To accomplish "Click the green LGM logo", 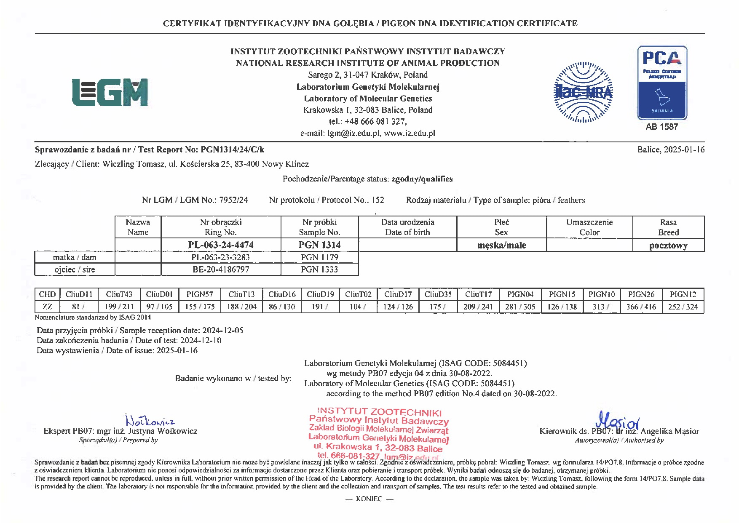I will (110, 92).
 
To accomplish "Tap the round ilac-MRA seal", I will (583, 92).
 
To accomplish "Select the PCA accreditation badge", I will (662, 83).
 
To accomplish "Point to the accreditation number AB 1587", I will (662, 127).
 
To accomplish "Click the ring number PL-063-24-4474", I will (221, 245).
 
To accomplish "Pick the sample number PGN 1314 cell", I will (319, 245).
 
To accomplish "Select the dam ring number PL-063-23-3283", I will (221, 257).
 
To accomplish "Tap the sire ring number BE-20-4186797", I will (221, 270).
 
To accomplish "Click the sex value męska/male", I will (501, 245).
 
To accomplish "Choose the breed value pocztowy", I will (668, 245).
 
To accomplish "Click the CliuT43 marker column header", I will (119, 294).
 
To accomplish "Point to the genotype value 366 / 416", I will (641, 307).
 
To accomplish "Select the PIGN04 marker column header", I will (520, 294).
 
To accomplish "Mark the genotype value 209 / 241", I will (478, 307).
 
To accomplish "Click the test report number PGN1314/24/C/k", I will (233, 149).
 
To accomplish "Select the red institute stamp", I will (378, 434).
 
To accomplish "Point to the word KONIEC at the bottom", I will (369, 499).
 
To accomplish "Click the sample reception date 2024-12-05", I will (222, 331).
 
